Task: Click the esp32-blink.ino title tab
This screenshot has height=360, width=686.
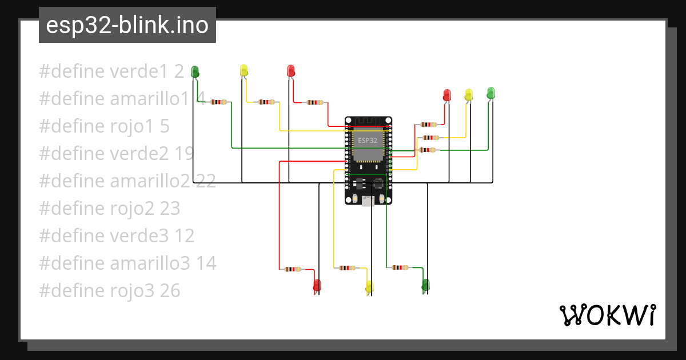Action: (x=127, y=25)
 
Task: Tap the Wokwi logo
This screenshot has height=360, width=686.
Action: (x=607, y=315)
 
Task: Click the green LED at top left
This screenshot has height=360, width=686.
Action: (x=195, y=71)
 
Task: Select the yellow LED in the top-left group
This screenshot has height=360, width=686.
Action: (x=244, y=71)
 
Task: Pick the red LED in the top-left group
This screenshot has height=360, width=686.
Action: (x=290, y=71)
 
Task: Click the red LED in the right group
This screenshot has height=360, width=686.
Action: (x=447, y=95)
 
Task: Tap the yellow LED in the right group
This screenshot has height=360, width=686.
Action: (x=469, y=95)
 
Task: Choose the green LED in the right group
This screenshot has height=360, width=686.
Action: (x=490, y=93)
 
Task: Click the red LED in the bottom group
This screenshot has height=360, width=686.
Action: (x=317, y=285)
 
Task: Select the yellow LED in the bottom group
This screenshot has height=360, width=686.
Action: (x=369, y=287)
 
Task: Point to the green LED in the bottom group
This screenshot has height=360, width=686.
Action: (x=425, y=285)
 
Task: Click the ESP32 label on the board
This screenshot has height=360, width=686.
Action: (x=366, y=139)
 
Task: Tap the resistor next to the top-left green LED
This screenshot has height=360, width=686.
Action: (x=218, y=102)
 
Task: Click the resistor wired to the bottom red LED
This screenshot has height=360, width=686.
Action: (x=292, y=269)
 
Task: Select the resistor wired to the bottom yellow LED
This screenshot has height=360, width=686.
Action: (x=346, y=268)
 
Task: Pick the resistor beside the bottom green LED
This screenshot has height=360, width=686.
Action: (x=400, y=267)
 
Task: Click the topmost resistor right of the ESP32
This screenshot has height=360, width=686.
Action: (x=428, y=124)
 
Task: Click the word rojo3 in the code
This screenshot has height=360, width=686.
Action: (x=131, y=291)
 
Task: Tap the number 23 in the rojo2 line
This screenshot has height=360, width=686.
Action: (x=170, y=209)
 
